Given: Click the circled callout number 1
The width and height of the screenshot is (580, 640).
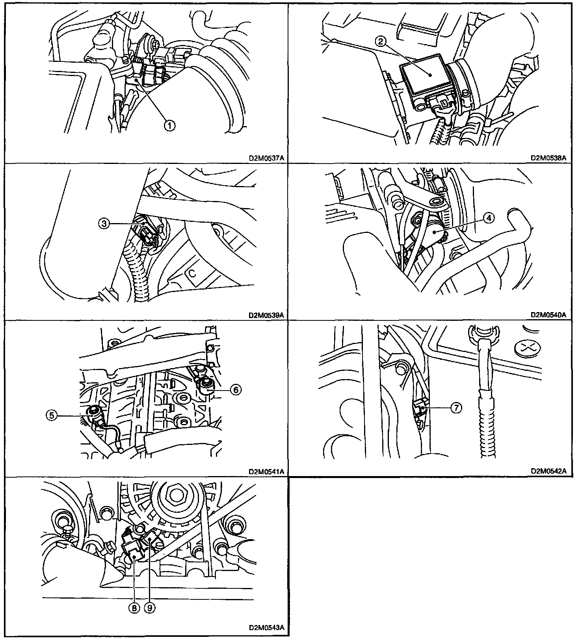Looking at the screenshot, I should [169, 126].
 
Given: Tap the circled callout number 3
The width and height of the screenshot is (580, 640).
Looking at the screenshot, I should [104, 224].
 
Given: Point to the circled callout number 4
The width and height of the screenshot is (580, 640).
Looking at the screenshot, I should [489, 218].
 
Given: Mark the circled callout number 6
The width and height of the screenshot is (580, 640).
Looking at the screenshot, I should [235, 390].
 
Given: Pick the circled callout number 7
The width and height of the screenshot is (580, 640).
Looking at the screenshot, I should [455, 408].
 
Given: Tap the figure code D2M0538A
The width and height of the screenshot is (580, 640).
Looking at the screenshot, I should [548, 158].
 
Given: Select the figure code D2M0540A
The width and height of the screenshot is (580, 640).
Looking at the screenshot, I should [548, 315].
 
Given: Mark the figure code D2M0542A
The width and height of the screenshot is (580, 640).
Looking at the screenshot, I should [548, 471].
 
